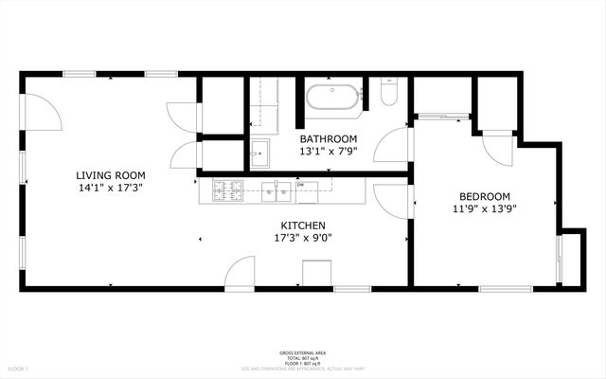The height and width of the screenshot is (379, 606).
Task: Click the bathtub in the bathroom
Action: point(332,97)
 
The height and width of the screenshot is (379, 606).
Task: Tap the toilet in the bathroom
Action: point(388,93)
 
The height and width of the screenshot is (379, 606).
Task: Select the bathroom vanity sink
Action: point(259,152)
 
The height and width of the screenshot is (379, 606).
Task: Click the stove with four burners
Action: point(229,191)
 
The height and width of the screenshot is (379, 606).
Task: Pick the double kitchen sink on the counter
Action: point(281,192)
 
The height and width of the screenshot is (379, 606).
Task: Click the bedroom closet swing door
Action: point(496,147)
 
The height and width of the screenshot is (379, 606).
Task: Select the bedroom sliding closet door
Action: point(442,117)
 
